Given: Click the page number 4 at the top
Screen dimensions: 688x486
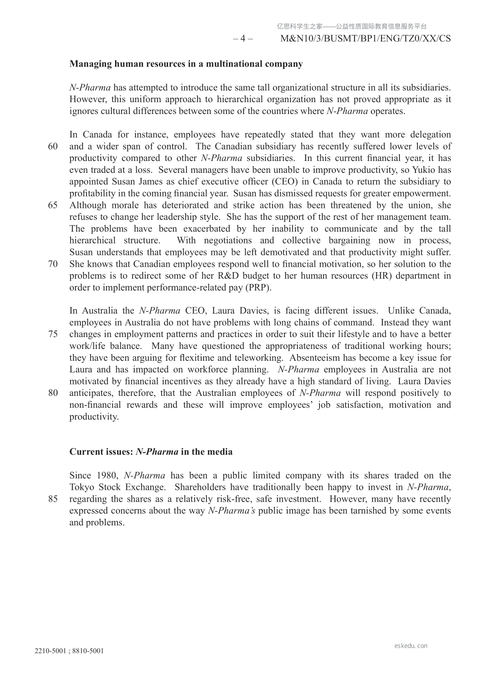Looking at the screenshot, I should coord(243,39).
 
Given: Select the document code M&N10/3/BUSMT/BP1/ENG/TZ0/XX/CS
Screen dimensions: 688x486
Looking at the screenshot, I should coord(366,39).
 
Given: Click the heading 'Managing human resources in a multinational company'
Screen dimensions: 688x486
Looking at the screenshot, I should coord(186,64).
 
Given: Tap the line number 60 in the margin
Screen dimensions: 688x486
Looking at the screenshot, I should coord(53,147).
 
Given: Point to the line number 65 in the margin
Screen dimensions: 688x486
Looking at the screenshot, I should coord(53,206).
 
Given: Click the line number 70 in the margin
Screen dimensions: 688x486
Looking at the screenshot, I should coord(53,264).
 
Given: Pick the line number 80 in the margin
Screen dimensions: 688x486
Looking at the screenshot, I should coord(53,393).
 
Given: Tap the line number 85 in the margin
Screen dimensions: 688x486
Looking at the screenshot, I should coord(53,499).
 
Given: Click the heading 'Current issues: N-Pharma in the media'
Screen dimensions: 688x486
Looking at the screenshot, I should coord(151,452).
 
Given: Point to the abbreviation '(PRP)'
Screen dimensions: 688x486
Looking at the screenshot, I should coord(258,288).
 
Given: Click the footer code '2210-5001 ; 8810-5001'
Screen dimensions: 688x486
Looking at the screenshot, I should coord(69,651).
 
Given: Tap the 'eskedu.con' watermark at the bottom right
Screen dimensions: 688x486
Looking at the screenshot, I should coord(411,646).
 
